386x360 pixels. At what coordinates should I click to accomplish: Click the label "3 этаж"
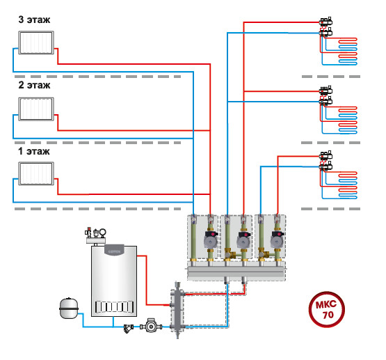34,19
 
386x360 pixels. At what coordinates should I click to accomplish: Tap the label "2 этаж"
34,85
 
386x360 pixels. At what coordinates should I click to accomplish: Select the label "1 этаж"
34,151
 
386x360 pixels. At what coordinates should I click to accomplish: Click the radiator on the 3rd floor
36,42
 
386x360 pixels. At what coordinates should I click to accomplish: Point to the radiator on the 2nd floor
36,109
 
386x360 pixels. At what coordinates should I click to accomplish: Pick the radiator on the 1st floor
36,173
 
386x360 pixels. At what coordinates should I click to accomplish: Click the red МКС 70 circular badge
327,309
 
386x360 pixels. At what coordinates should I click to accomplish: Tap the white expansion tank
69,308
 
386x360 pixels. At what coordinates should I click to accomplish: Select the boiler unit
114,281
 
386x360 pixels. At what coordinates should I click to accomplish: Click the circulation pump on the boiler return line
151,327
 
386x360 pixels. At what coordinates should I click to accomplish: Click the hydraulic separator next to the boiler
177,311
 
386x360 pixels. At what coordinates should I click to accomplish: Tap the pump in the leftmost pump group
211,239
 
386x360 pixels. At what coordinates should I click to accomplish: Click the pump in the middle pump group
243,239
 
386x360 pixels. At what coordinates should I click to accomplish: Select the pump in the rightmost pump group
278,239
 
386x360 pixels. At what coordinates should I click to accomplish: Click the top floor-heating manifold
326,27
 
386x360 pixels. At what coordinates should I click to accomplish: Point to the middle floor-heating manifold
326,96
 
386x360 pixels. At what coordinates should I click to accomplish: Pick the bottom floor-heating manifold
326,161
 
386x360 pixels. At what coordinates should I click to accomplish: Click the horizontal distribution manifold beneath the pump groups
236,272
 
